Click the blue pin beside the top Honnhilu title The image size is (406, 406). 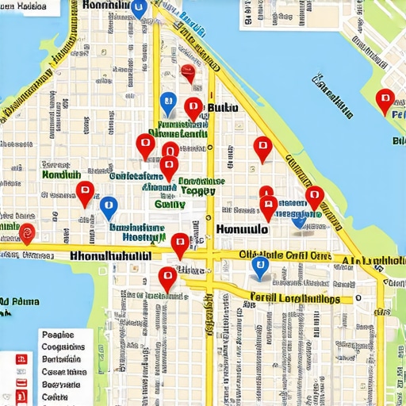click(x=139, y=9)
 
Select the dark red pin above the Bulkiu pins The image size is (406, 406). click(x=187, y=73)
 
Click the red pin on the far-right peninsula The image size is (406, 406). click(x=385, y=101)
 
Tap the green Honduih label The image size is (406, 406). click(x=61, y=174)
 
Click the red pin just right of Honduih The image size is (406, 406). click(x=85, y=191)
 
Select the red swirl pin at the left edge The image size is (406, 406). click(x=27, y=232)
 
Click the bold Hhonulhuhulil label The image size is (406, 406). click(x=110, y=257)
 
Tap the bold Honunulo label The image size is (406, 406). click(x=242, y=228)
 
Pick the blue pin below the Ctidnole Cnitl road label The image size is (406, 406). click(x=259, y=267)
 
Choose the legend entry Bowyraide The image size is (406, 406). click(x=61, y=384)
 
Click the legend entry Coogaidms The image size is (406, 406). click(x=63, y=347)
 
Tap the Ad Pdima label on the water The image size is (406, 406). click(x=21, y=302)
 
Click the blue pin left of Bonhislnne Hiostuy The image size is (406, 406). click(x=109, y=207)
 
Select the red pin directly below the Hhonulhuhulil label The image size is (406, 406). click(x=167, y=278)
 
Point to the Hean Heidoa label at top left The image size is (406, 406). click(x=24, y=6)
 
